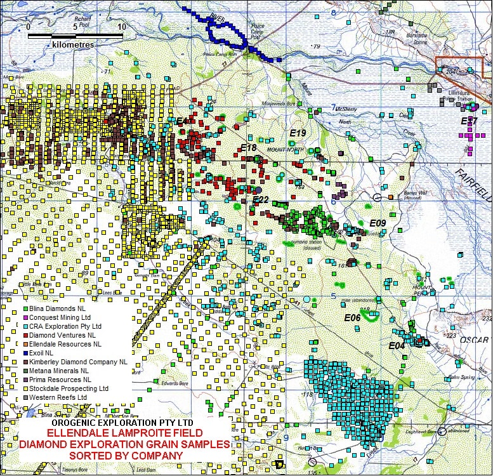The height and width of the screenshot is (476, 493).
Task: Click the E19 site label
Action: (298, 133)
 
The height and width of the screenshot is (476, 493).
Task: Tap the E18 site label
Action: (248, 148)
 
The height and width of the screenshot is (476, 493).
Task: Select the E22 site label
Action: (261, 200)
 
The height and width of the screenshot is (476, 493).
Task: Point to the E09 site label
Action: (378, 223)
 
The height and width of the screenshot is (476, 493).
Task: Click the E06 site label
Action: (352, 317)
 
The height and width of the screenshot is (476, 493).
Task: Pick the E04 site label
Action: (397, 346)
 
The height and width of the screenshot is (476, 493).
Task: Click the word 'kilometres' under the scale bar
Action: (73, 45)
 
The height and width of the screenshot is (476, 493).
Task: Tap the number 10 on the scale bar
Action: (121, 27)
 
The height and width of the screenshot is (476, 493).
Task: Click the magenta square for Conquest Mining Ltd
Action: (24, 317)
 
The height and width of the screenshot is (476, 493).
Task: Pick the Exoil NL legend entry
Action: (44, 353)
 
